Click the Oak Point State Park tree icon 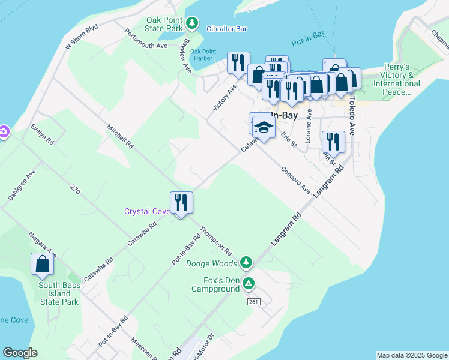click(x=192, y=23)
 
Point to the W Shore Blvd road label click(x=81, y=37)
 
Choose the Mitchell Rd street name click(x=120, y=137)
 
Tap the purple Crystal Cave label click(x=147, y=211)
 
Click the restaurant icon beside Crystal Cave click(x=181, y=202)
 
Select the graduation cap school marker click(x=264, y=127)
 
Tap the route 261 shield click(x=253, y=301)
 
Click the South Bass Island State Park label click(x=59, y=293)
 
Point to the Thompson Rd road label click(x=216, y=240)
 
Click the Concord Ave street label click(x=295, y=179)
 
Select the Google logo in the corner click(x=20, y=353)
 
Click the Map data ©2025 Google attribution click(x=411, y=355)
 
